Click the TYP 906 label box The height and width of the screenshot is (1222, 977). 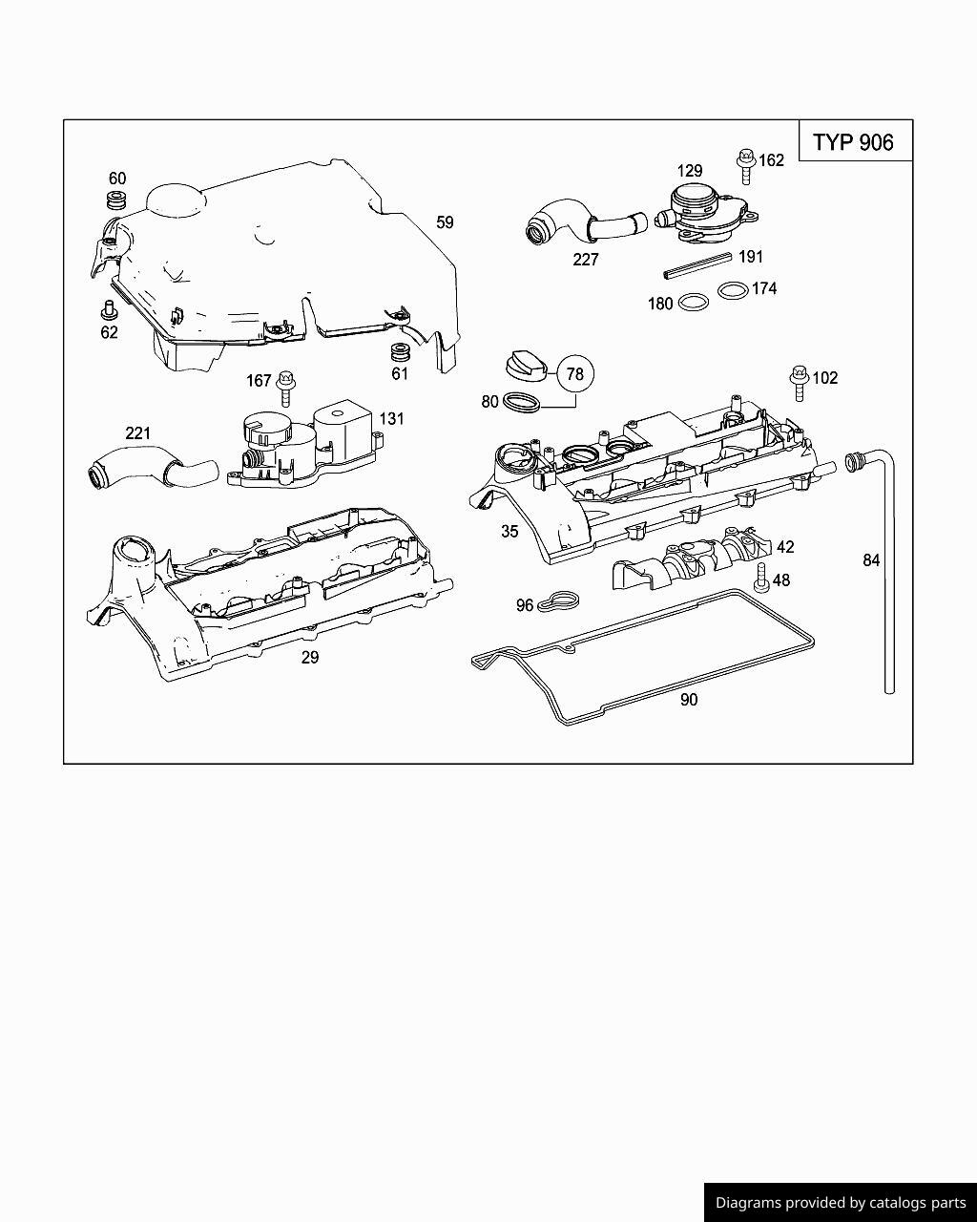854,141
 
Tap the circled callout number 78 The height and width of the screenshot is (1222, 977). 574,374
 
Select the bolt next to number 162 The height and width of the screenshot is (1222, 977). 745,166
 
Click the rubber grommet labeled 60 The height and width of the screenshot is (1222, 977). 116,201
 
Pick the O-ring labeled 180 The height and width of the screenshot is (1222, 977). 694,304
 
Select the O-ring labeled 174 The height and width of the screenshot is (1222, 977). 732,289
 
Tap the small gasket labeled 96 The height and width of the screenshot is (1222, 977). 558,603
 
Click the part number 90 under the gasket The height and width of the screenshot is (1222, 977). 689,700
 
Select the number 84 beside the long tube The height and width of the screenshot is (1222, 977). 870,560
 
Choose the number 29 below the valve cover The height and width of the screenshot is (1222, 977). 310,658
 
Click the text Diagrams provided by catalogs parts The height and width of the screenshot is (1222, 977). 841,1203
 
